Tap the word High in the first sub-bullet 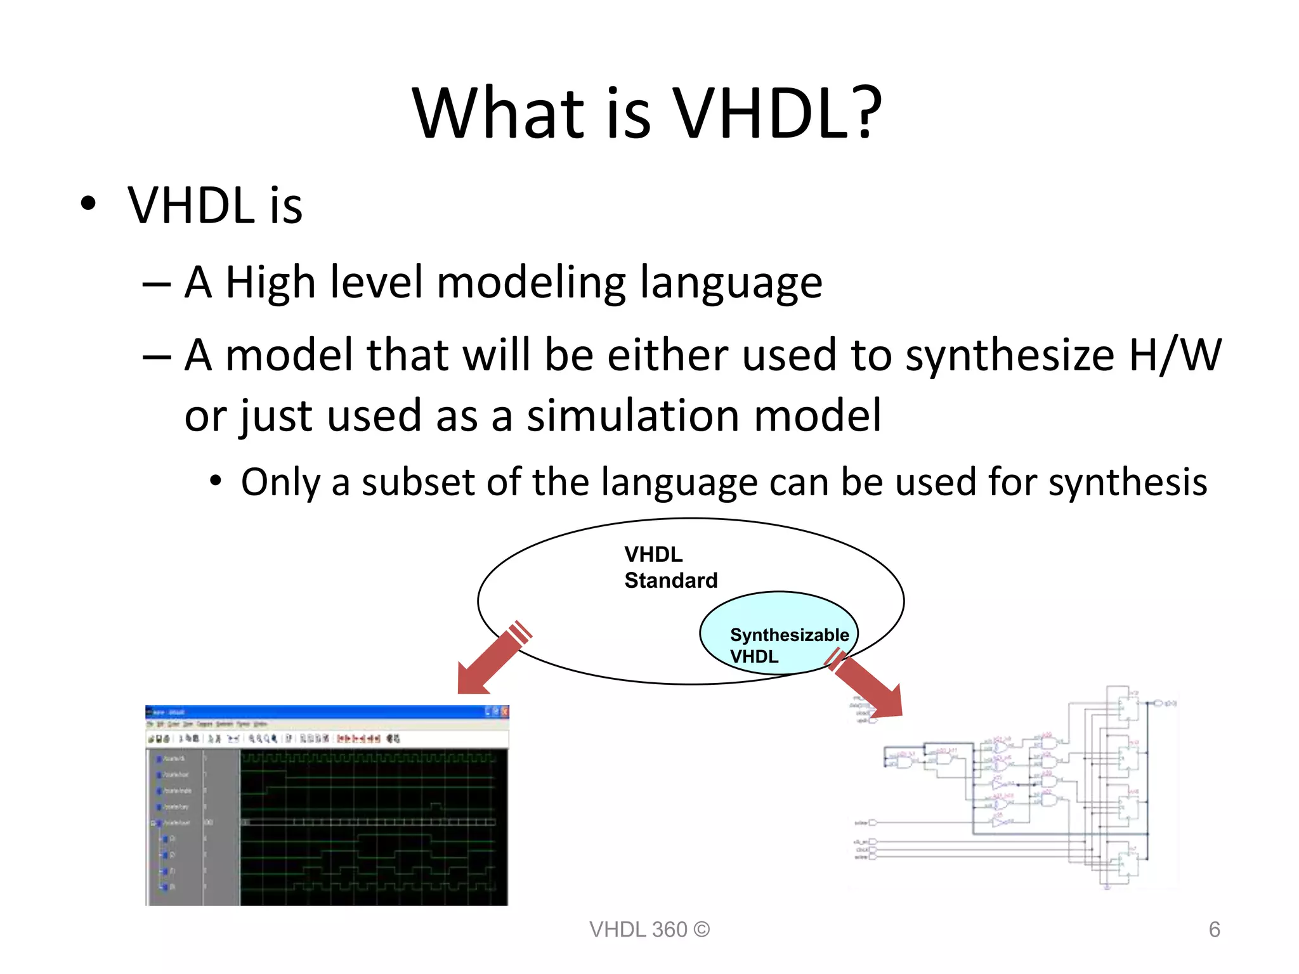(x=270, y=283)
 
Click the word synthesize (x=1009, y=355)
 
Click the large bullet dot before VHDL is (x=88, y=204)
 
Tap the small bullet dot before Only (x=216, y=481)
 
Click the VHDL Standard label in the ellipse (x=670, y=568)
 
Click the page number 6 (x=1214, y=930)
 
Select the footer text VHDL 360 (x=637, y=930)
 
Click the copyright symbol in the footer (x=702, y=930)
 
